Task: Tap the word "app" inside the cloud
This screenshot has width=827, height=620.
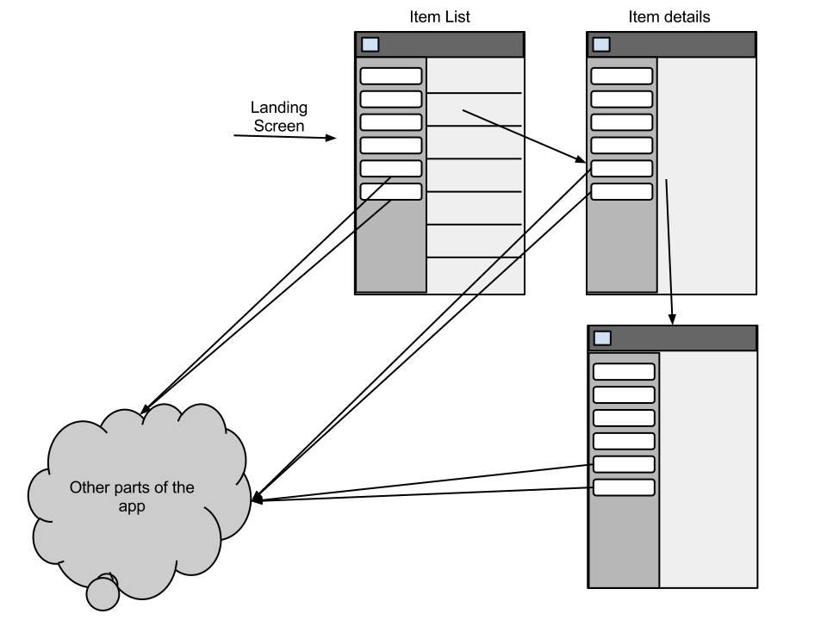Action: [x=132, y=507]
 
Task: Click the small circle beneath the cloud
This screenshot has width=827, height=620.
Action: [x=103, y=593]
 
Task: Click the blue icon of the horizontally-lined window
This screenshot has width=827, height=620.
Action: [x=370, y=45]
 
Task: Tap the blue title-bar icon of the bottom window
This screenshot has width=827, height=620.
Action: [x=603, y=338]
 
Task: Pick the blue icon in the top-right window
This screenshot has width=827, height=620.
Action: [x=601, y=45]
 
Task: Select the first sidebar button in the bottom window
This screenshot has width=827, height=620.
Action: [x=625, y=372]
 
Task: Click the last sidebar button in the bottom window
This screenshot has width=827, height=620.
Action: [x=625, y=488]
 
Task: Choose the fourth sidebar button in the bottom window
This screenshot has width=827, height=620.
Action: [x=625, y=442]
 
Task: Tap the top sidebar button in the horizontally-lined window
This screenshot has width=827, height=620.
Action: [x=391, y=76]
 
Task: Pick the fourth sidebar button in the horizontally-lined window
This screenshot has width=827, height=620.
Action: [x=391, y=146]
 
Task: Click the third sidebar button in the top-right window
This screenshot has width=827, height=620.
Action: [x=622, y=122]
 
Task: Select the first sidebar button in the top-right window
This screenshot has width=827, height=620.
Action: [x=622, y=76]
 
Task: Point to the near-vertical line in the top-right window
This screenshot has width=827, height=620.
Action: [x=668, y=237]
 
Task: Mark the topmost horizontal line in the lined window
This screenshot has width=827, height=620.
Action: [x=474, y=92]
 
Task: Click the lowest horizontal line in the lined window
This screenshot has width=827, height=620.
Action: [x=474, y=257]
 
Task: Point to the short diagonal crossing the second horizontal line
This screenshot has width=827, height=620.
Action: [x=493, y=122]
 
